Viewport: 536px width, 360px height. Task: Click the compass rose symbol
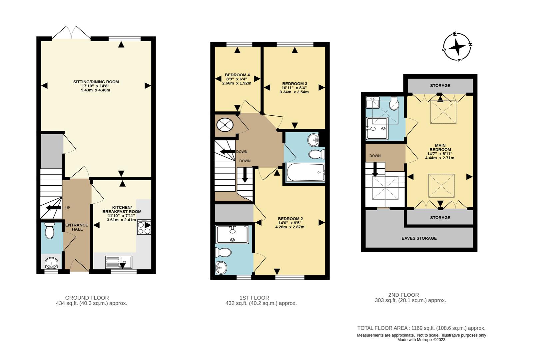click(457, 47)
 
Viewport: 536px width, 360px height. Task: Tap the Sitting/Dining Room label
click(96, 82)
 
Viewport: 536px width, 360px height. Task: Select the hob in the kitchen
click(144, 227)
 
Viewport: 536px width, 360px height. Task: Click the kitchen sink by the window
click(118, 262)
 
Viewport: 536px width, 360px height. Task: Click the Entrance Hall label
click(77, 227)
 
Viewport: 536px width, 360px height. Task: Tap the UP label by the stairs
click(68, 208)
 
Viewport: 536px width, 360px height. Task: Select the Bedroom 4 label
click(237, 75)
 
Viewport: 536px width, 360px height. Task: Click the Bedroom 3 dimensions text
click(294, 90)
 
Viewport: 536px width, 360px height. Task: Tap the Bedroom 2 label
click(290, 219)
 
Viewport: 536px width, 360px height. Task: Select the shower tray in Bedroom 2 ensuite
click(232, 234)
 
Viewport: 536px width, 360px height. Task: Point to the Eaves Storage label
click(419, 238)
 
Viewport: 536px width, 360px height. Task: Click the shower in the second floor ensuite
click(377, 128)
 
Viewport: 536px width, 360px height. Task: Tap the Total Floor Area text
click(421, 328)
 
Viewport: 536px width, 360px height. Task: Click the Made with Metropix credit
click(421, 340)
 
